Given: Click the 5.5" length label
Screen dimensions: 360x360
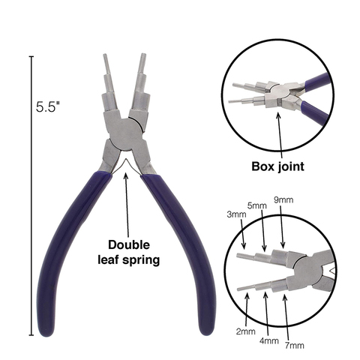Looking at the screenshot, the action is [x=48, y=106].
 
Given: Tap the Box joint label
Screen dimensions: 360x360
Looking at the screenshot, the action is [x=277, y=166].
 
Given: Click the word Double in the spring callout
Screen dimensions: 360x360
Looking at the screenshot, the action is [x=129, y=244].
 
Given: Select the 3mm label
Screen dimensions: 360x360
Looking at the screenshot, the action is [x=236, y=214].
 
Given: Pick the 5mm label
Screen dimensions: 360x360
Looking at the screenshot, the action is [x=257, y=205].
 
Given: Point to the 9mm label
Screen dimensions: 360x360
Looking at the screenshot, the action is [x=283, y=200].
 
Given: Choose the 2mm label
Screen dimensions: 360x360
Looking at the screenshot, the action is [x=246, y=331].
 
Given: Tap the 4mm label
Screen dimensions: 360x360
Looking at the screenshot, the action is [x=269, y=340].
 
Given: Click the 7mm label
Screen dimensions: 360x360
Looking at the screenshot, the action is [x=295, y=346].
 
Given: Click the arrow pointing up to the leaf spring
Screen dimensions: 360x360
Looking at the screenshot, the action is [x=127, y=205].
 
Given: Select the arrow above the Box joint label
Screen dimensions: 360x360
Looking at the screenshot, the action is [x=280, y=135].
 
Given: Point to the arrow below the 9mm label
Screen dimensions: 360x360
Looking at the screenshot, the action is [x=281, y=226].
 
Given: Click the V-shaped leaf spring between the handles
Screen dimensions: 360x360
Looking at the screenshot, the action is [x=125, y=165].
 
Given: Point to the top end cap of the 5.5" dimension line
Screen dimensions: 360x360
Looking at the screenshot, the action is [x=31, y=57].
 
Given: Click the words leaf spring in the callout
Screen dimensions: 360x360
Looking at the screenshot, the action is [x=128, y=260].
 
